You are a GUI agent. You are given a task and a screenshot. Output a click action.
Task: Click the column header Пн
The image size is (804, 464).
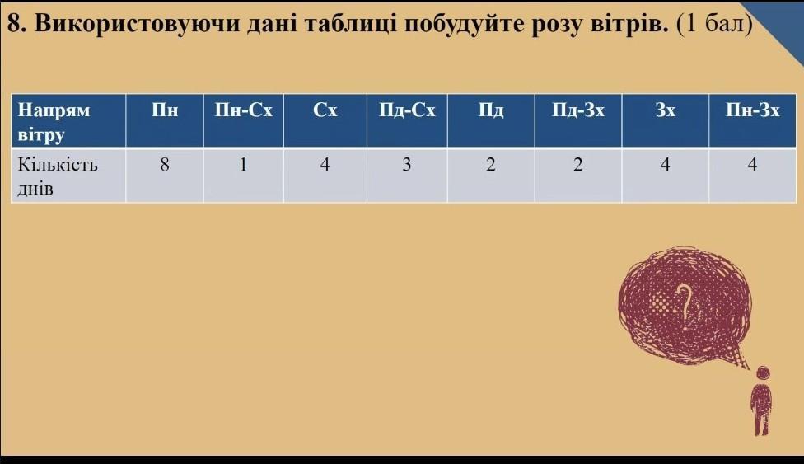(165, 110)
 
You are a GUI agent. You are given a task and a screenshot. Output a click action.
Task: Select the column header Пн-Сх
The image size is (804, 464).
(244, 110)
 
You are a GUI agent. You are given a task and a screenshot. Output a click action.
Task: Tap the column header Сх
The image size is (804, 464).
(325, 110)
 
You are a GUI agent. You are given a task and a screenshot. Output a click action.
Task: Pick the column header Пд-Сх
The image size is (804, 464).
(407, 110)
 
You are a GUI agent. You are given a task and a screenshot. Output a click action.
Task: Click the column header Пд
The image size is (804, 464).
(491, 111)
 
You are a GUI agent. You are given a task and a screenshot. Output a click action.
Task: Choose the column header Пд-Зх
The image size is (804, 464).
(578, 110)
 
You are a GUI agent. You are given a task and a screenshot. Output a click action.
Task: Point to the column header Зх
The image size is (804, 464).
(665, 110)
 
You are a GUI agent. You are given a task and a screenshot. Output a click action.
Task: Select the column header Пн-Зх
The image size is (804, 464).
(752, 110)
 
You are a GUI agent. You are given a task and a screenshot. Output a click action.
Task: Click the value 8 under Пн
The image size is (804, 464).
(165, 164)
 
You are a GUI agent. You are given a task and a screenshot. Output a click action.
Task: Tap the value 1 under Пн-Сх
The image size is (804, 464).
(244, 164)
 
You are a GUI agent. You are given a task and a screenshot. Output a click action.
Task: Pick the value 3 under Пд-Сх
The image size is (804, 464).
(407, 164)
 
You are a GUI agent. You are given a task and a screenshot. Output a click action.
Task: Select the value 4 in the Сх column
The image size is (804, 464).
(325, 164)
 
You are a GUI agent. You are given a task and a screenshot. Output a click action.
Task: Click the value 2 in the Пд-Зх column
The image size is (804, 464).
(578, 164)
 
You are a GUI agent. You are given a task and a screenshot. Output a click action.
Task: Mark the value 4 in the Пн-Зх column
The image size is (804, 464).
(752, 164)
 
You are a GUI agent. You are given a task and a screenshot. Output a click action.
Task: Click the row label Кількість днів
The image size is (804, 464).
(58, 176)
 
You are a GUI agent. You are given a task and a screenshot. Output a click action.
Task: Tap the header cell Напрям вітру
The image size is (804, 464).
(54, 122)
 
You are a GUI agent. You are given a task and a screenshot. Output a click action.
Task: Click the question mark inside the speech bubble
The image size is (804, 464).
(685, 307)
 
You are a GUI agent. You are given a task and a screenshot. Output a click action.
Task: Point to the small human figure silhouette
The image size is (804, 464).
(761, 401)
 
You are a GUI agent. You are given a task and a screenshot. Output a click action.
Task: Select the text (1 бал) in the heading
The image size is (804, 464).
(714, 23)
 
